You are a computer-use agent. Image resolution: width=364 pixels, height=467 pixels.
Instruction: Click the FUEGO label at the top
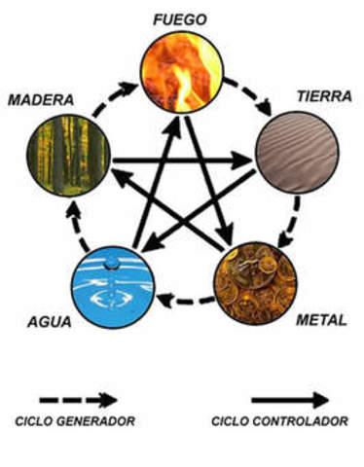[x=181, y=19]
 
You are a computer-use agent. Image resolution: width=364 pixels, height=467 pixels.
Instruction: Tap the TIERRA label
[x=324, y=97]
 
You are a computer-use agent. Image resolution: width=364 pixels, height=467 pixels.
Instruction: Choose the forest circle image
[x=68, y=154]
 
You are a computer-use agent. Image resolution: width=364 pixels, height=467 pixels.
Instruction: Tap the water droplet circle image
[x=112, y=284]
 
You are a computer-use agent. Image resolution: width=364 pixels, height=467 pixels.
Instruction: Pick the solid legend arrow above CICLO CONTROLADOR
[x=289, y=400]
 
